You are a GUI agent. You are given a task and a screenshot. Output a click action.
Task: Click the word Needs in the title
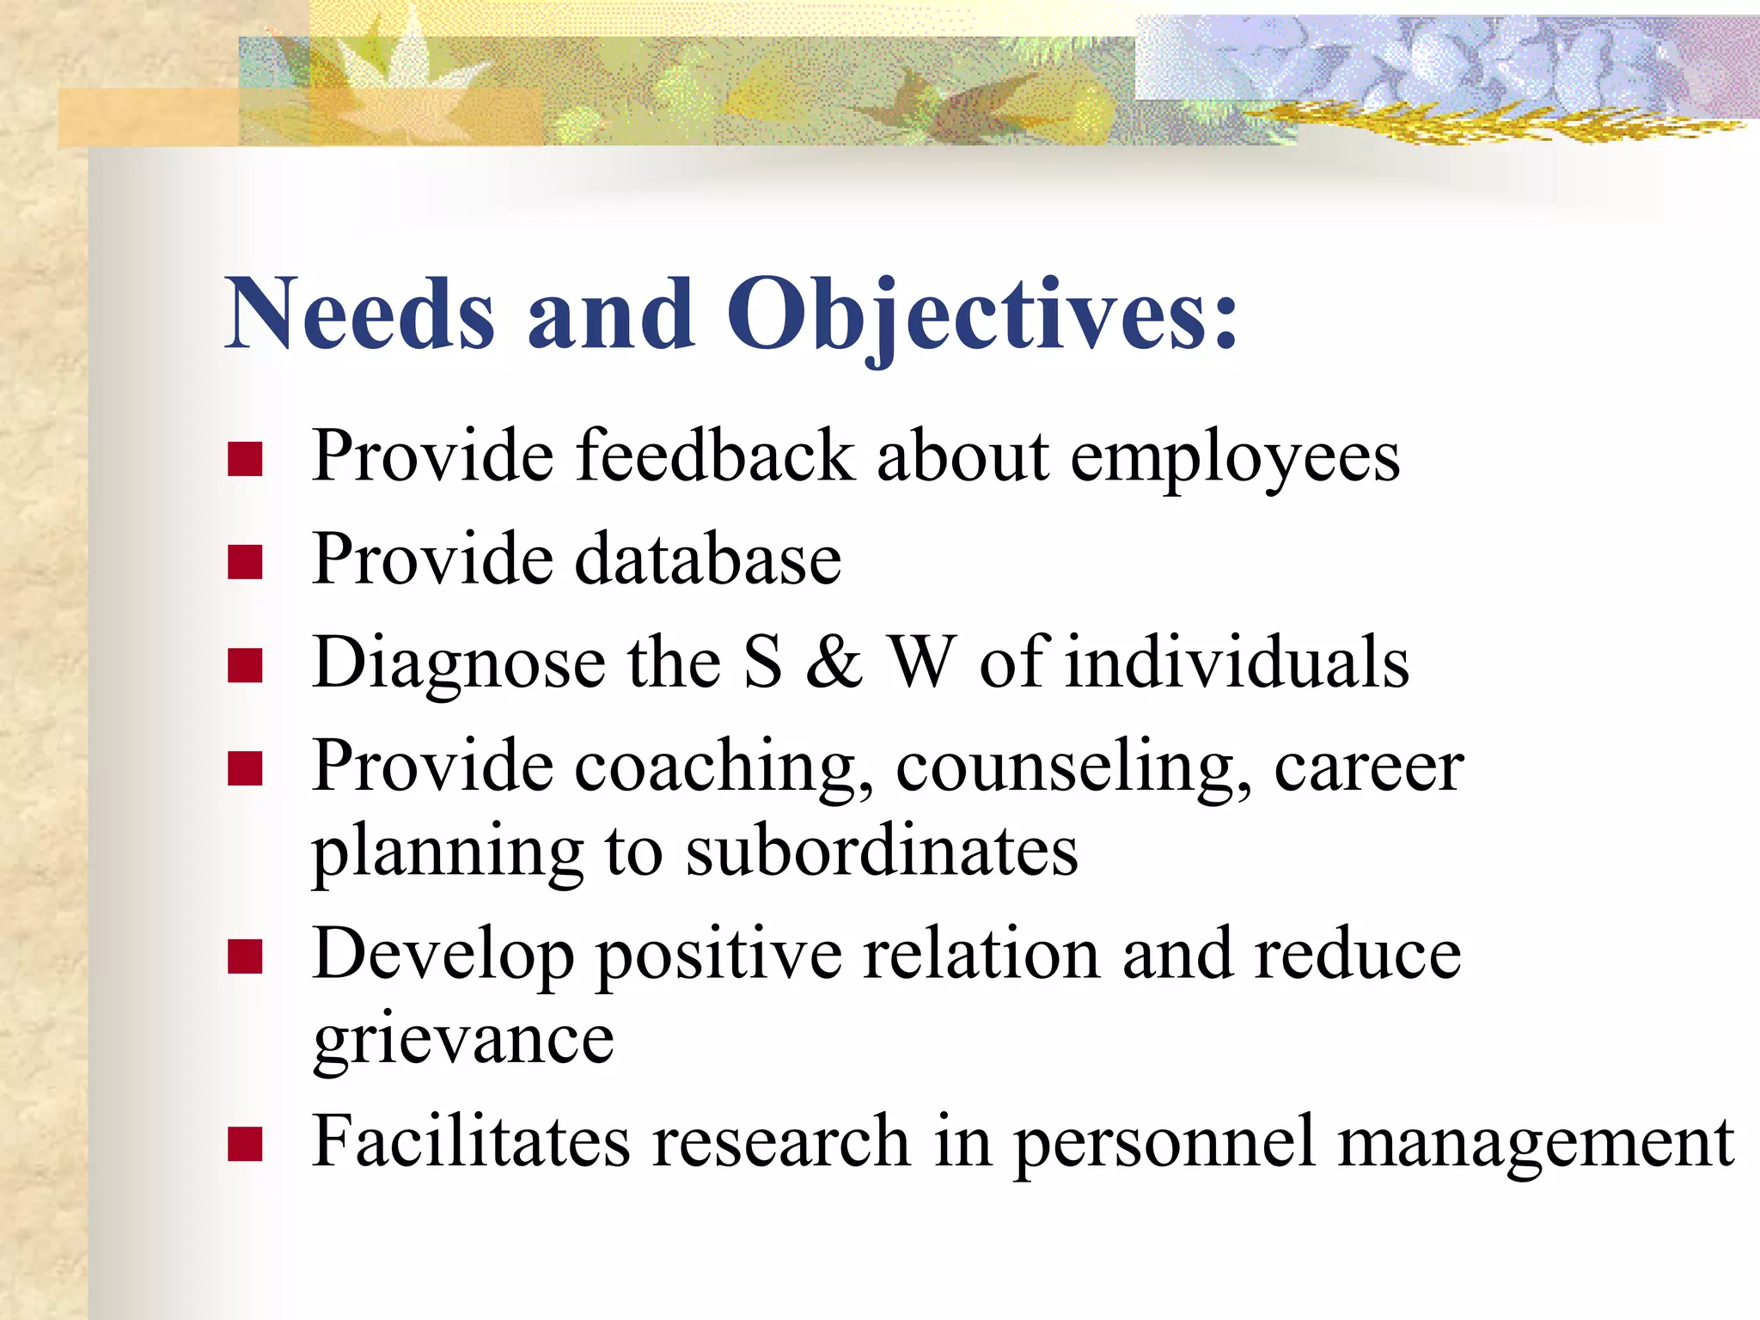[x=359, y=314]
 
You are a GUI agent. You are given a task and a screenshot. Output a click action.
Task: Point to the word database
[x=706, y=559]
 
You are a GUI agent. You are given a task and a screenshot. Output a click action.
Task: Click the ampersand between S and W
[x=834, y=662]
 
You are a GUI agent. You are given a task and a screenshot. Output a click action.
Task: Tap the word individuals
[x=1237, y=662]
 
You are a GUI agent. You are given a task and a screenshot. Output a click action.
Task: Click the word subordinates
[x=882, y=852]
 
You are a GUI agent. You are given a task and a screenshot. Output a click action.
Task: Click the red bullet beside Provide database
[x=245, y=562]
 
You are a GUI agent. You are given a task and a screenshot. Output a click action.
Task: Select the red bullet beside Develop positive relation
[x=245, y=956]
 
